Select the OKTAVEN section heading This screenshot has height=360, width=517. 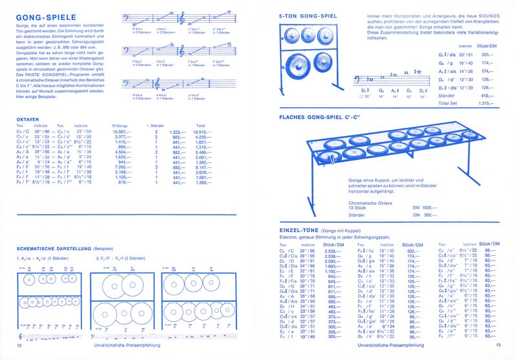pyautogui.click(x=29, y=119)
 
